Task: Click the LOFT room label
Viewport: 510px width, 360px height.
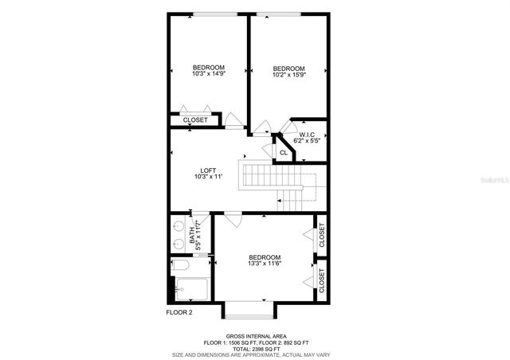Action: (208, 170)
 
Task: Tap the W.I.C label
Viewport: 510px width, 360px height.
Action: (307, 134)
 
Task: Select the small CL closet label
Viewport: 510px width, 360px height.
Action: (283, 152)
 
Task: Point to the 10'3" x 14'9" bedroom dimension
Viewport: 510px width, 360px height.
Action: (208, 73)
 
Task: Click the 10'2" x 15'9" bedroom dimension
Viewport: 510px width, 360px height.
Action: (288, 76)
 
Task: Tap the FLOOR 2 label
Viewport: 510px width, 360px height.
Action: (179, 313)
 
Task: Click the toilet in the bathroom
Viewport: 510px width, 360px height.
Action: (179, 266)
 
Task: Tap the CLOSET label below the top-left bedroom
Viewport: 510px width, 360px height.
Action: (195, 120)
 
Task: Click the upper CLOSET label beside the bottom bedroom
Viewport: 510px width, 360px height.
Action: (322, 235)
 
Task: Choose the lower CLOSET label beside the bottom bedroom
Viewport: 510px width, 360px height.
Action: (322, 280)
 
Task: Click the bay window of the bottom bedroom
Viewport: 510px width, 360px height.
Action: (249, 309)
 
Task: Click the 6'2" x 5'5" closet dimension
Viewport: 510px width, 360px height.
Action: (307, 140)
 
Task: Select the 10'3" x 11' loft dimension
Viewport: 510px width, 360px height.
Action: (208, 177)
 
